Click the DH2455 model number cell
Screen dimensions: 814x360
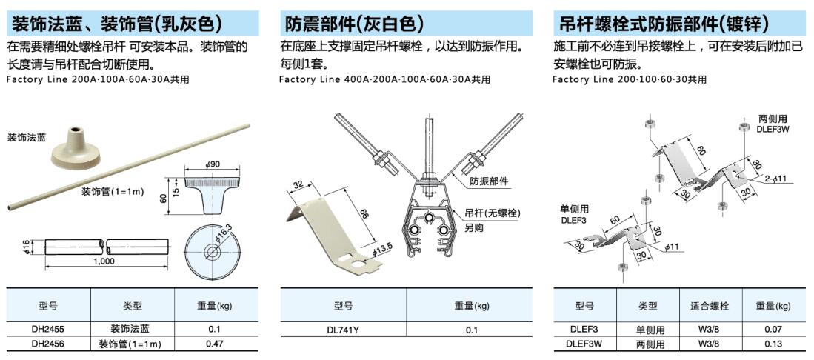click(x=47, y=329)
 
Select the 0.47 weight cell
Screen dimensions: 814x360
click(x=214, y=344)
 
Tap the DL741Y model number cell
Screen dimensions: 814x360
click(x=343, y=330)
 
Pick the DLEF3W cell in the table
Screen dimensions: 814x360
click(x=585, y=344)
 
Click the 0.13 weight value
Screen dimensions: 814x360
click(x=773, y=344)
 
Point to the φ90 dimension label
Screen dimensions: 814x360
click(x=213, y=164)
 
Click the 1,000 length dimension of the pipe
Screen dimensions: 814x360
click(x=105, y=261)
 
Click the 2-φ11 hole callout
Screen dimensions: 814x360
click(x=775, y=179)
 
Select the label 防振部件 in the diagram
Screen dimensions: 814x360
click(x=489, y=181)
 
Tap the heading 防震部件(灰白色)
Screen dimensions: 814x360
click(x=354, y=24)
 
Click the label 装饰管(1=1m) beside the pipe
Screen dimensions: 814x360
click(x=111, y=191)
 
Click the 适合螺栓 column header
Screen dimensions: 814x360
click(x=710, y=306)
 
